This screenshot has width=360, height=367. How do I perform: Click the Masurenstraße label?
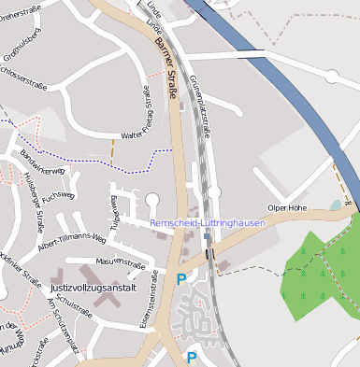pyautogui.click(x=120, y=262)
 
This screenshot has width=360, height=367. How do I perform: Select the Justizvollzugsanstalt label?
pyautogui.click(x=93, y=288)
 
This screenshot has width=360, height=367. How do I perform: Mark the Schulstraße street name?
pyautogui.click(x=72, y=303)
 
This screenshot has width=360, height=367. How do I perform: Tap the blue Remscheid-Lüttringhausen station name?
pyautogui.click(x=208, y=223)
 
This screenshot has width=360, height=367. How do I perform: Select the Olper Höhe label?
pyautogui.click(x=287, y=207)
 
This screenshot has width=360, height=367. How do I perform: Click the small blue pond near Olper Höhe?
pyautogui.click(x=336, y=205)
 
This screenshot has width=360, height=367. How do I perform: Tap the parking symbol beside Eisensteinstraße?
pyautogui.click(x=180, y=278)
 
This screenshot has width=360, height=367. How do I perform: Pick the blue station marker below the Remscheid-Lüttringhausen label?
pyautogui.click(x=207, y=236)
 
